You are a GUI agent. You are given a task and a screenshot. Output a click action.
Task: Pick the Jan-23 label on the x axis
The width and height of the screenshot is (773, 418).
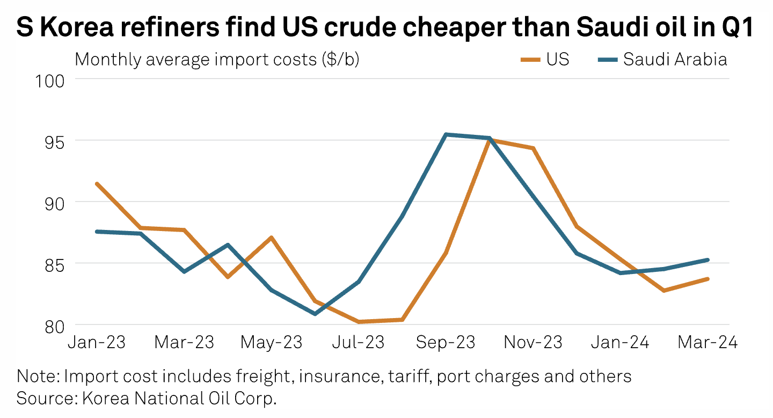point(96,342)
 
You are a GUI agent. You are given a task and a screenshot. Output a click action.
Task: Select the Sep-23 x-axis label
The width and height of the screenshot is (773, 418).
point(446,342)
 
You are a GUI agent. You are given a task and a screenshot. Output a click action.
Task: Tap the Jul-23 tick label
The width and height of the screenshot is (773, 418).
point(359,342)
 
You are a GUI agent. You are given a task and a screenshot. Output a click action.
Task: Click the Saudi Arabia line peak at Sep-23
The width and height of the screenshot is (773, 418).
point(446,134)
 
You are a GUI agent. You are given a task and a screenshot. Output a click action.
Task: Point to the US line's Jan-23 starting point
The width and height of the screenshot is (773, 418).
point(97,184)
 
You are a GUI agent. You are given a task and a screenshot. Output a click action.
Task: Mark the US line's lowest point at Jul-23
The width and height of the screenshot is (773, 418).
point(359,322)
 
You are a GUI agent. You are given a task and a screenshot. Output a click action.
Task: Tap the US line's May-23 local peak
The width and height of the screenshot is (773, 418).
point(272,237)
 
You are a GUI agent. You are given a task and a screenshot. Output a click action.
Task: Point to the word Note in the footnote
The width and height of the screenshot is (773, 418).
point(38,376)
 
